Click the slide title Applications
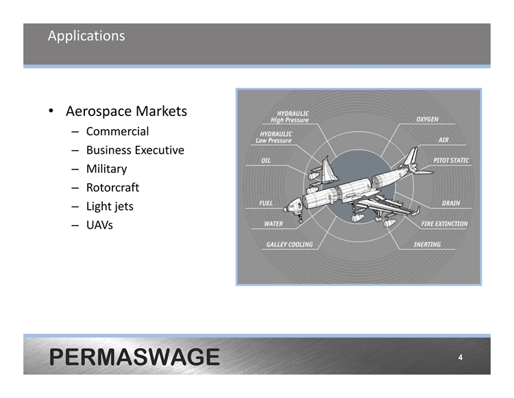(x=86, y=36)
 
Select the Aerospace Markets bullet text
(x=126, y=111)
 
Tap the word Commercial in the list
(x=117, y=131)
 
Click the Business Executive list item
(x=135, y=150)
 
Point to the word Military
(x=106, y=169)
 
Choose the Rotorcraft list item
(x=113, y=187)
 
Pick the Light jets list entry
(x=110, y=207)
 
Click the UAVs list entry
(x=99, y=225)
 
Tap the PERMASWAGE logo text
(x=134, y=357)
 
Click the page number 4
(x=461, y=358)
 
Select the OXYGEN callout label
(x=427, y=119)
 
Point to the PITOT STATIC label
(x=451, y=161)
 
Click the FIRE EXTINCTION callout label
(x=445, y=224)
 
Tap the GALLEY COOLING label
(x=289, y=244)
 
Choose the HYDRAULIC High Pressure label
(x=290, y=117)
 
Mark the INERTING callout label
(x=427, y=244)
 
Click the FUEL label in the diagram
(x=266, y=203)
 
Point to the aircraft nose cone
(x=287, y=208)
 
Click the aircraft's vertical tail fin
(x=411, y=156)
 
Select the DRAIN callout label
(x=451, y=203)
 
